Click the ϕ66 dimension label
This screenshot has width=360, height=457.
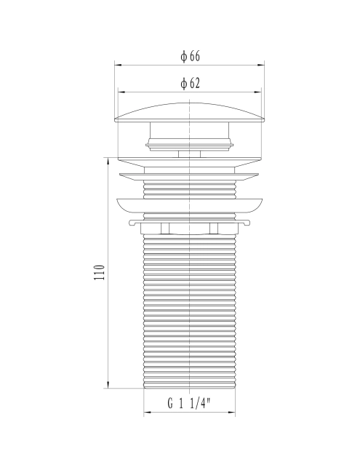[191, 56]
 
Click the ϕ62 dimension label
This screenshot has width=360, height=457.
[191, 84]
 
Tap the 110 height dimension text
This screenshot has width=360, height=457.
[99, 272]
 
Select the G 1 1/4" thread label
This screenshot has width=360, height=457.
[189, 403]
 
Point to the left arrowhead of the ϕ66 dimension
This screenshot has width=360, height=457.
[118, 65]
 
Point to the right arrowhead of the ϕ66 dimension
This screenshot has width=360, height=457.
[261, 65]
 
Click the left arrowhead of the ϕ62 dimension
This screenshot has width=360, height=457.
[121, 92]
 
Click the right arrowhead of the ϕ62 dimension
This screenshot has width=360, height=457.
[257, 92]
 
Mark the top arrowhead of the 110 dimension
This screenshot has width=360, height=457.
[108, 161]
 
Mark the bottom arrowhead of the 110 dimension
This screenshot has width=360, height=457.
[108, 385]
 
